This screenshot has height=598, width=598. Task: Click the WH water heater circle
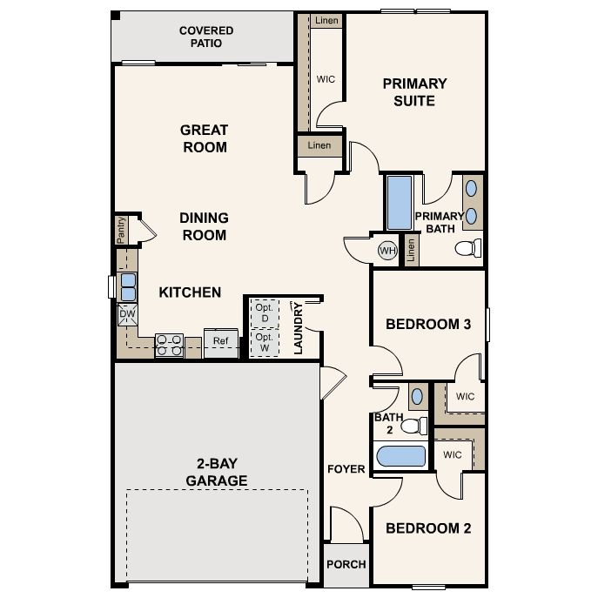point(387,251)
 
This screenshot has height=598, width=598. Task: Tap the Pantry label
point(122,230)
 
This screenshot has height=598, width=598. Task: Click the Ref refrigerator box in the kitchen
point(220,341)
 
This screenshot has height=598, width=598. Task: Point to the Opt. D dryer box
point(264,312)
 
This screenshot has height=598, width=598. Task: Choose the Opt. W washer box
point(264,341)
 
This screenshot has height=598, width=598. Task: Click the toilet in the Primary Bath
point(468,249)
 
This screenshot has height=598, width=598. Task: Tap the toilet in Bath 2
point(419,426)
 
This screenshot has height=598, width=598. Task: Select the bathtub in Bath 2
point(399,457)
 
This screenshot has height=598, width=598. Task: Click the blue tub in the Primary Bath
point(400,204)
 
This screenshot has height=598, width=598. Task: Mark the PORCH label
point(346,564)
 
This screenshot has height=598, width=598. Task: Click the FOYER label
point(346,469)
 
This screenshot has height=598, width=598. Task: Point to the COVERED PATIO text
point(206,36)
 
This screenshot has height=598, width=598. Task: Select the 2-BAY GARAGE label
point(209,472)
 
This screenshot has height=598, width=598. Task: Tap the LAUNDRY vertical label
point(298,328)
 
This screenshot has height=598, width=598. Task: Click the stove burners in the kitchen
point(167,346)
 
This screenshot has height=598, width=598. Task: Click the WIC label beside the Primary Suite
point(326,79)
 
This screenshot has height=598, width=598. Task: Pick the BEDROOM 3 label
point(428,325)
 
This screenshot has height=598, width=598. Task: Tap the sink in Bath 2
point(416,395)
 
